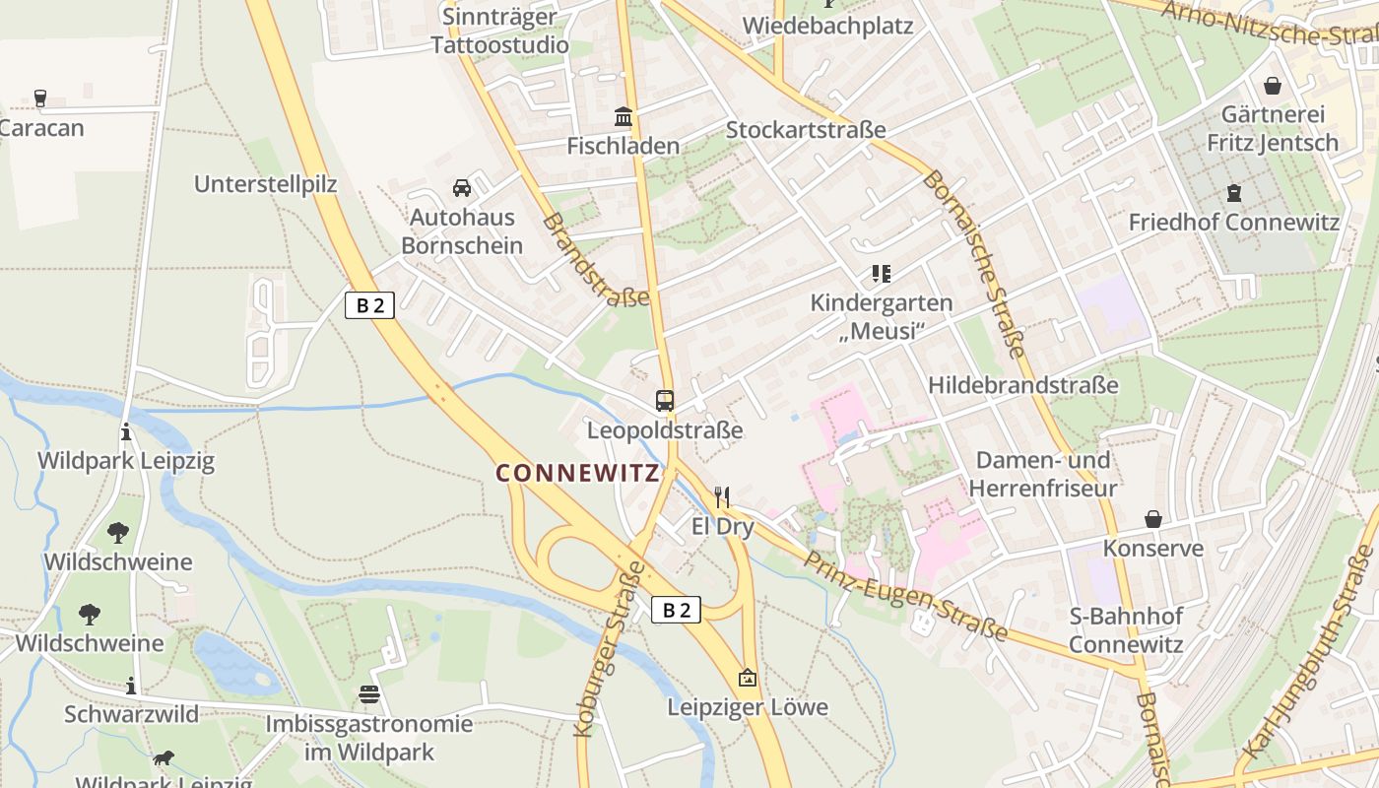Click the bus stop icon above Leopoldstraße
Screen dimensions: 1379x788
[665, 401]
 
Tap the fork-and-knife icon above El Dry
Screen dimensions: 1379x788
[722, 496]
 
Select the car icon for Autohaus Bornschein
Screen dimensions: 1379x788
[461, 187]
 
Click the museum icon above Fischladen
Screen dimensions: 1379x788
[624, 117]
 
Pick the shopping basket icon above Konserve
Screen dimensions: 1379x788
[1152, 519]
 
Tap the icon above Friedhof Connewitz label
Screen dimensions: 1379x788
[1234, 193]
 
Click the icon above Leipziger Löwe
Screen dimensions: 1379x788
[748, 678]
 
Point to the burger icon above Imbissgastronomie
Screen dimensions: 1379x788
[369, 694]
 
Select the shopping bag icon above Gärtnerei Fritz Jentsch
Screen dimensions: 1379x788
[1273, 86]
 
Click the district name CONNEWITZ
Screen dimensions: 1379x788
[577, 473]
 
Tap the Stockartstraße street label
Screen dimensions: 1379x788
[806, 130]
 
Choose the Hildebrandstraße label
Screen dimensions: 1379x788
[1022, 385]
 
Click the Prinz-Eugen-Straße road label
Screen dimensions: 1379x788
[906, 596]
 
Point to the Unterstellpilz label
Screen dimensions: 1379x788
[266, 184]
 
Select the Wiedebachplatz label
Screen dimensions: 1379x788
[827, 26]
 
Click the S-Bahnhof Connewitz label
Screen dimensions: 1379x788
[1126, 630]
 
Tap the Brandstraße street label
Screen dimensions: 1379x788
[595, 260]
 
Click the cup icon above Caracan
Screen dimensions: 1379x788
[40, 98]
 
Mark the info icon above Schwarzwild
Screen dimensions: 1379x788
[130, 686]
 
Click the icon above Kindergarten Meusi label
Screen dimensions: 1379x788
[881, 274]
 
